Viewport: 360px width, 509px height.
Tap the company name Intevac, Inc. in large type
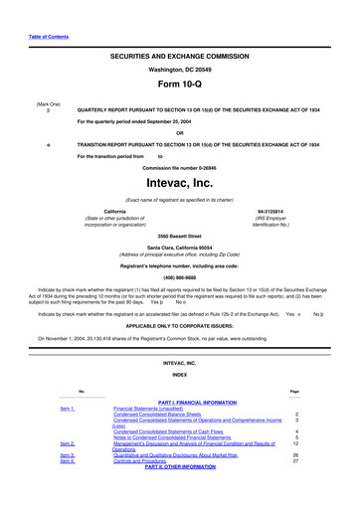tap(179, 184)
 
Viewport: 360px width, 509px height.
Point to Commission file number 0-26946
tap(179, 167)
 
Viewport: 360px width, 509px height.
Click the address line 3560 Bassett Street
tap(179, 235)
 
